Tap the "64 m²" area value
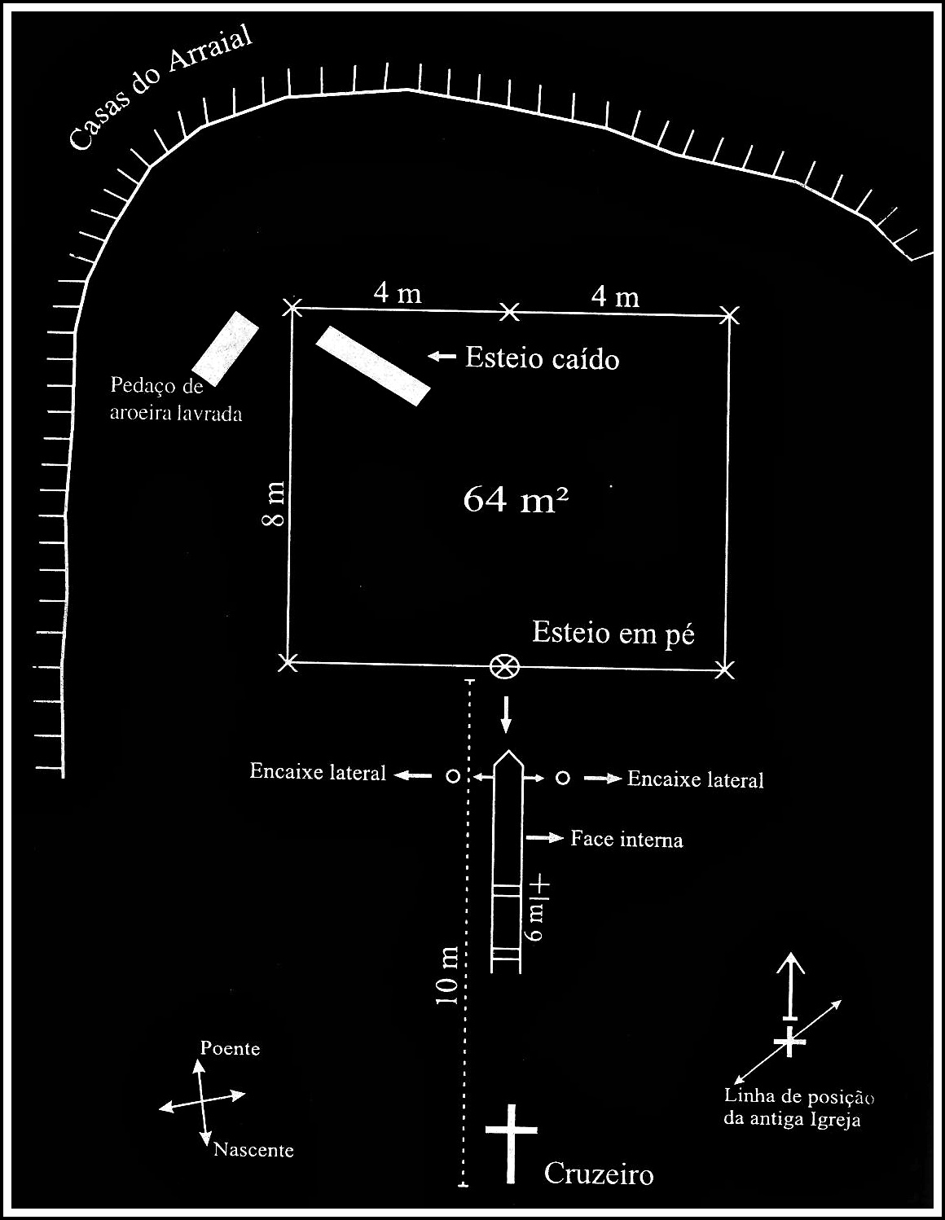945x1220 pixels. click(515, 498)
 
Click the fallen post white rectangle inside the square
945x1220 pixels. click(372, 366)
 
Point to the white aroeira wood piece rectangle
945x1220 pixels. click(226, 348)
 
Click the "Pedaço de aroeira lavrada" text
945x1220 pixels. click(176, 399)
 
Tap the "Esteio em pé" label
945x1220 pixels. click(613, 633)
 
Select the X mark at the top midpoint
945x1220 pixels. click(508, 310)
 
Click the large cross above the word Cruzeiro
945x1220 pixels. click(512, 1140)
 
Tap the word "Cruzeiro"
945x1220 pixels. click(599, 1174)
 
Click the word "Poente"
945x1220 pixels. click(231, 1048)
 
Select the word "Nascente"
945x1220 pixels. click(253, 1150)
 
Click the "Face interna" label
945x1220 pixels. click(626, 839)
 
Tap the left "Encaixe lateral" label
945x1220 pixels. click(318, 772)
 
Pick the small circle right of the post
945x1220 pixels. click(562, 779)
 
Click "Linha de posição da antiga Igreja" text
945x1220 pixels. click(798, 1108)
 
